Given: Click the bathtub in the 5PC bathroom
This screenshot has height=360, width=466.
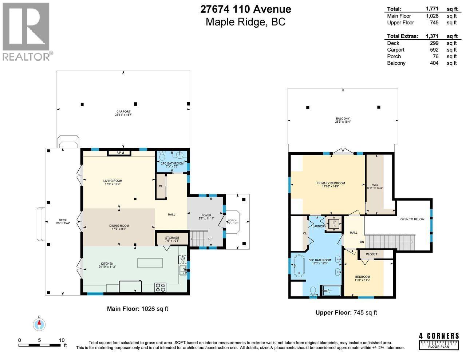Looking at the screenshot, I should coord(299,266).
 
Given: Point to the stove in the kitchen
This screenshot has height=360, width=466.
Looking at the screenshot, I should coord(161,287).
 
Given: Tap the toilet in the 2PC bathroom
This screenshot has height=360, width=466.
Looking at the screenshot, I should coord(162,157).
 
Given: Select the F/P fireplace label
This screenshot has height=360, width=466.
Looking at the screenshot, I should coord(119,153).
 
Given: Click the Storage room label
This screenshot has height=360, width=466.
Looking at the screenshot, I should coord(172,239).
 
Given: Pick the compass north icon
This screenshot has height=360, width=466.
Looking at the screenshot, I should coord(39,324).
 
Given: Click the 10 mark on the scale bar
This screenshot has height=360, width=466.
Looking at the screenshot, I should coord(62,340).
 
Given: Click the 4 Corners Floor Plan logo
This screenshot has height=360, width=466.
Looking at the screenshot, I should coord(439,341).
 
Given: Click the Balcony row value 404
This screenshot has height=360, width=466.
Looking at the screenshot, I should coord(434,63).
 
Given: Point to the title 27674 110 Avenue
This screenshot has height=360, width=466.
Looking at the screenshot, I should coord(246,9).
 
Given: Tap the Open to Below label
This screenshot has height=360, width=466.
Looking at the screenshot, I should coord(412,219).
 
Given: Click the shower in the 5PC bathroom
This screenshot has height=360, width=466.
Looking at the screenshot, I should coord(331,290).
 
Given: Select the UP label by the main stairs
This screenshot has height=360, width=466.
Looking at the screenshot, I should coord(210,239).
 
